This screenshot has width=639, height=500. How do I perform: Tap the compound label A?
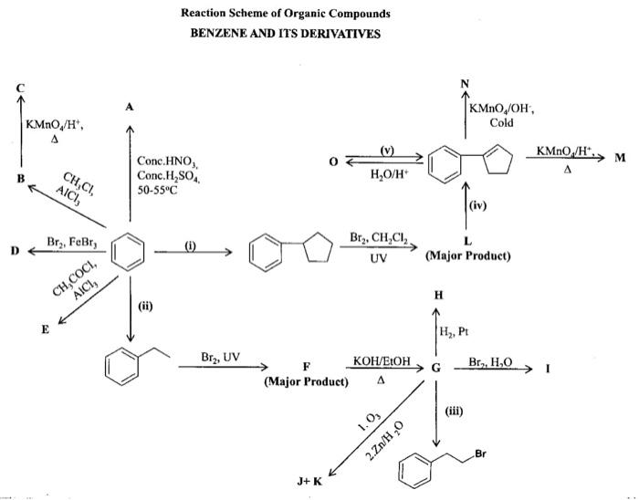click(x=130, y=107)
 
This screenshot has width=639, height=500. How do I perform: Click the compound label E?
click(x=44, y=329)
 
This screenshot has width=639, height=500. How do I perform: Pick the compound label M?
click(x=620, y=158)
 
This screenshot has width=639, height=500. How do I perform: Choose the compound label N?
click(x=465, y=85)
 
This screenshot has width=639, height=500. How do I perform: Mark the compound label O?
click(x=334, y=161)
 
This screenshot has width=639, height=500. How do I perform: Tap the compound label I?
click(x=547, y=368)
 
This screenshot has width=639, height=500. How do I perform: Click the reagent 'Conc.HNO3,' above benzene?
click(x=163, y=161)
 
